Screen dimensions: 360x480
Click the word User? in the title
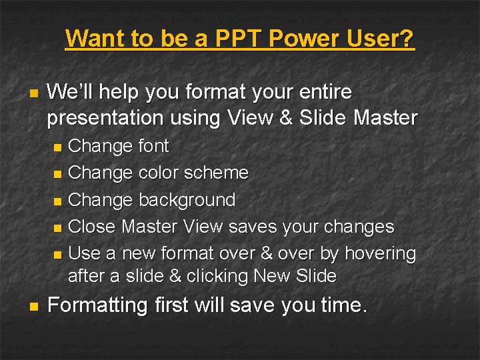tap(379, 38)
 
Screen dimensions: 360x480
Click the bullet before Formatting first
tap(33, 307)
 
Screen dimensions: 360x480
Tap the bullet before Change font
tap(57, 147)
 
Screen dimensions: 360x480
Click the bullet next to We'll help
tap(33, 92)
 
